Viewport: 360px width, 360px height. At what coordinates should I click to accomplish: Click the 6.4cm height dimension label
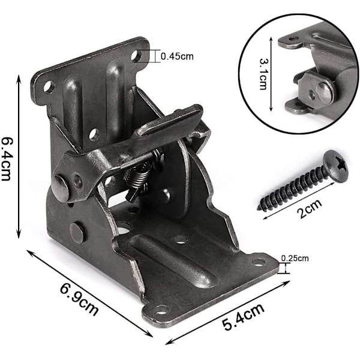click(x=7, y=159)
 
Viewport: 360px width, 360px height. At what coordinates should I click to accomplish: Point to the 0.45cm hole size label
click(x=177, y=56)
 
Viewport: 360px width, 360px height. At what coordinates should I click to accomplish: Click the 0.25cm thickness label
click(x=295, y=259)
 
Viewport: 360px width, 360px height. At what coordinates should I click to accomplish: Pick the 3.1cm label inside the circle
click(x=263, y=74)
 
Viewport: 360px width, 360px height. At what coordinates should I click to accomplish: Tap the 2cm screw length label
click(x=310, y=209)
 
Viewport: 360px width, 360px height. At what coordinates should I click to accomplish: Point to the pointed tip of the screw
click(x=258, y=208)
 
